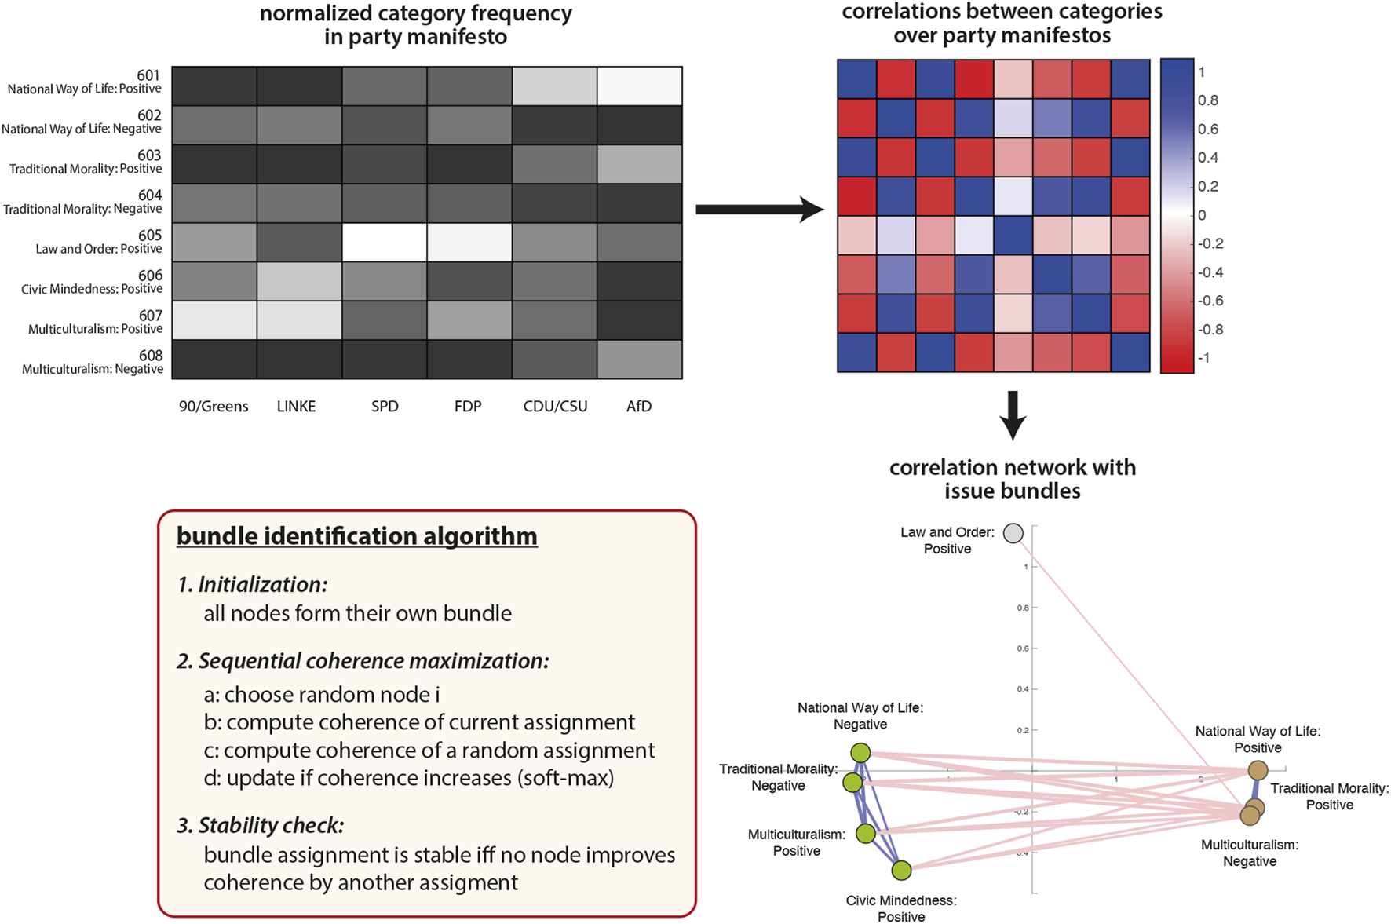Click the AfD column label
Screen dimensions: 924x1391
tap(639, 407)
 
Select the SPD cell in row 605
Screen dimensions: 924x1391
tap(385, 243)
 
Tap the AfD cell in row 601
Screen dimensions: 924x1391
tap(639, 86)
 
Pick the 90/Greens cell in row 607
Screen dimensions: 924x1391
tap(214, 320)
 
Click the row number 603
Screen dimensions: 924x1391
tap(149, 155)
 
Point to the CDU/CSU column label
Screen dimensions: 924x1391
tap(555, 407)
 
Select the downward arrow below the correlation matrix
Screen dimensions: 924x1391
tap(1013, 415)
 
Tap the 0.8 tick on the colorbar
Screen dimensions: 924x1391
tap(1208, 100)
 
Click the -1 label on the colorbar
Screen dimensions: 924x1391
tap(1203, 358)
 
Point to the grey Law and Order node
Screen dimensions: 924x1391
tap(1013, 534)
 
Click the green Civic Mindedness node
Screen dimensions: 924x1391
tap(901, 870)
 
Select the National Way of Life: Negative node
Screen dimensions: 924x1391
tap(861, 753)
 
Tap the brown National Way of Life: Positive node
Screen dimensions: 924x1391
tap(1258, 770)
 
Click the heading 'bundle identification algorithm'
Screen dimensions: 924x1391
tap(357, 536)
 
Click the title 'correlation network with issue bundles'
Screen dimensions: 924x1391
tap(1013, 479)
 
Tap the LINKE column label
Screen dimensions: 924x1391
tap(296, 407)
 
